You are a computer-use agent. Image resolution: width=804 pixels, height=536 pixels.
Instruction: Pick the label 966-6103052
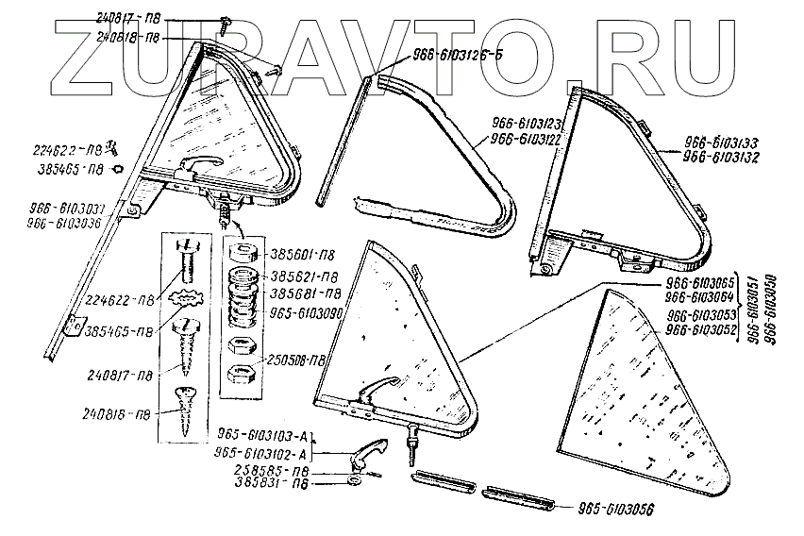point(703,329)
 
